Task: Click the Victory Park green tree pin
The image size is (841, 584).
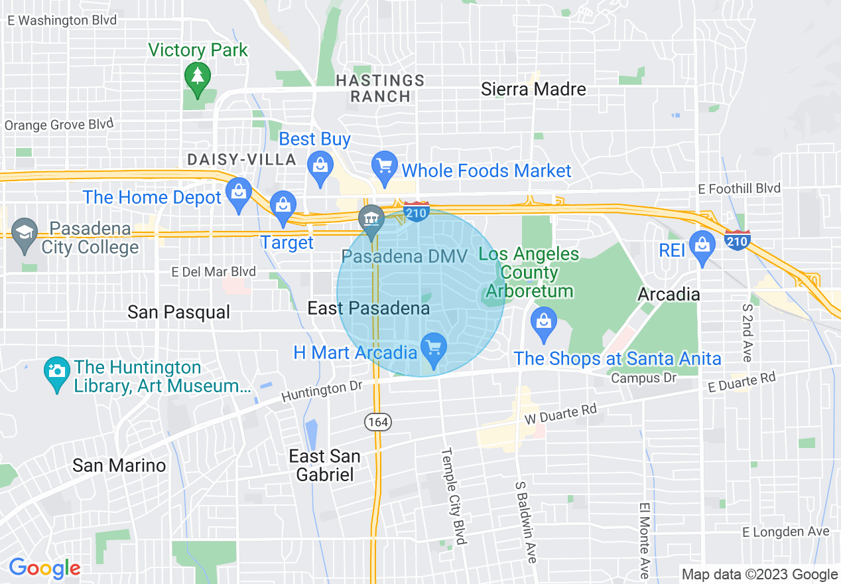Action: (x=197, y=76)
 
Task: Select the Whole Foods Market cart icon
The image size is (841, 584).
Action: (x=384, y=165)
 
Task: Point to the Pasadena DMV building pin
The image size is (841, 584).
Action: (x=371, y=219)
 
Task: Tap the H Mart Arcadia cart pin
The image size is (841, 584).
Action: (x=434, y=347)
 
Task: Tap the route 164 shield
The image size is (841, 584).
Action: (x=377, y=421)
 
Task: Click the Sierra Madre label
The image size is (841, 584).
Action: (x=533, y=89)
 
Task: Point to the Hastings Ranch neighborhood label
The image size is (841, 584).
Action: (x=380, y=88)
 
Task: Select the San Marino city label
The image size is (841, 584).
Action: (x=119, y=465)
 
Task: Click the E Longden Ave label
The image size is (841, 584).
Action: (x=785, y=532)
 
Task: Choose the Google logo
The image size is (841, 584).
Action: (x=44, y=568)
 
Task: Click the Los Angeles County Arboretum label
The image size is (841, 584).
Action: (x=529, y=273)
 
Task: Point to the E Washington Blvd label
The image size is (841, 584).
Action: (x=62, y=21)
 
